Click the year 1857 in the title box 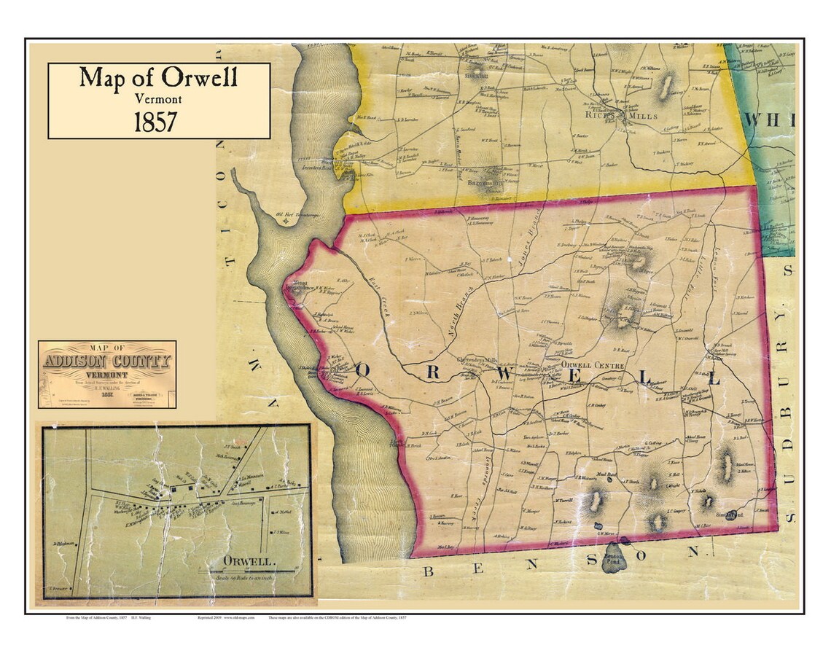(155, 121)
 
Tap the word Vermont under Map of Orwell (158, 98)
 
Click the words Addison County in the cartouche (107, 361)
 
